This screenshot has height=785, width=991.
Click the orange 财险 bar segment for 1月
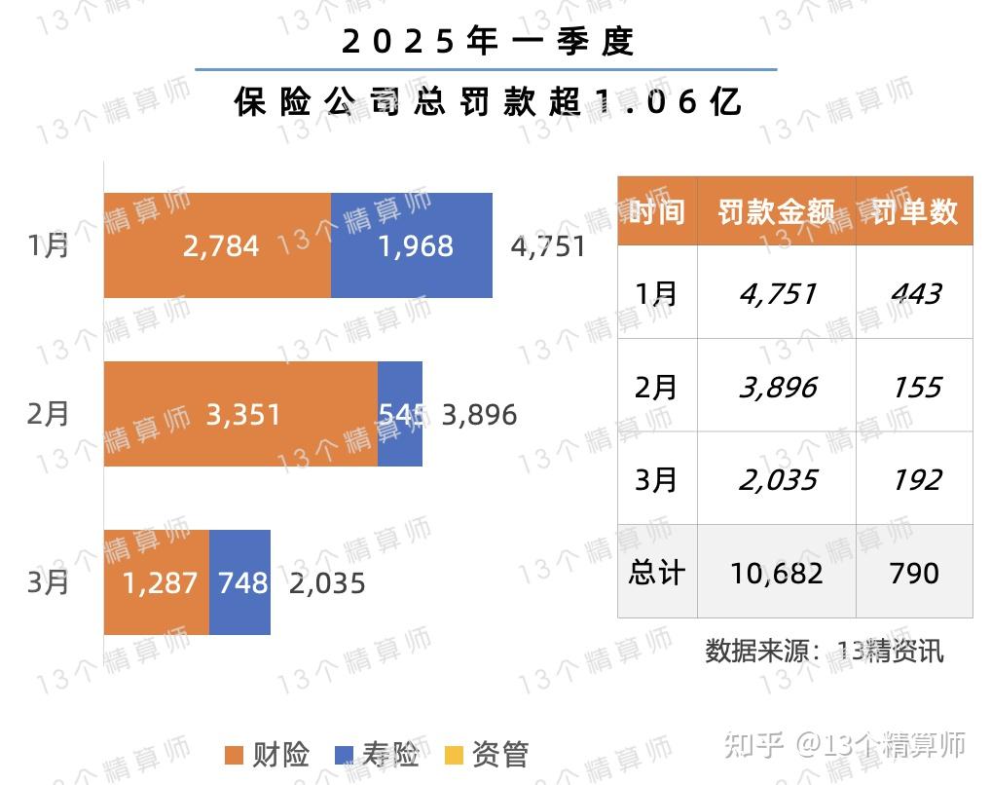(x=217, y=244)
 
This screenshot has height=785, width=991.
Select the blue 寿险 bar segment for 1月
(x=412, y=244)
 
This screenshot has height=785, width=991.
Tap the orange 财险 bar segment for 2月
(x=240, y=414)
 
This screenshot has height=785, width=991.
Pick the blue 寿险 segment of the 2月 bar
(x=400, y=414)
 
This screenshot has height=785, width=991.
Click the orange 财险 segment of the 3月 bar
(x=157, y=582)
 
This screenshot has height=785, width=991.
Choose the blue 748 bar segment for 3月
(x=240, y=582)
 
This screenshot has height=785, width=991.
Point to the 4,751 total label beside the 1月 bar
(x=548, y=245)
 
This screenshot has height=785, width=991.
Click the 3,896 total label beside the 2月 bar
(x=479, y=416)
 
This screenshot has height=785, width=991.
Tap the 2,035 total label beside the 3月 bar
(x=327, y=583)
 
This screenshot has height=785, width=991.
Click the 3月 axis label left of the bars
(x=49, y=583)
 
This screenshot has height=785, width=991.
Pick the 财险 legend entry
(x=267, y=755)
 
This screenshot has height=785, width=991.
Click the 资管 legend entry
(x=487, y=755)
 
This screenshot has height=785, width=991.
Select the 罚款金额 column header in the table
(x=776, y=211)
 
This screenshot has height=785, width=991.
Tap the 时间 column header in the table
(x=657, y=211)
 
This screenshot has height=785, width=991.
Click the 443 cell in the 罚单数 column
(x=915, y=293)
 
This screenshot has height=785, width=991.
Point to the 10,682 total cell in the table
(x=776, y=573)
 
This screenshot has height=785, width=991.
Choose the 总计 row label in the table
(x=657, y=573)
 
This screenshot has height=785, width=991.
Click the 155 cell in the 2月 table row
(x=915, y=388)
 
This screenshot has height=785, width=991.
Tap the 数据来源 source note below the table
(x=825, y=650)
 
